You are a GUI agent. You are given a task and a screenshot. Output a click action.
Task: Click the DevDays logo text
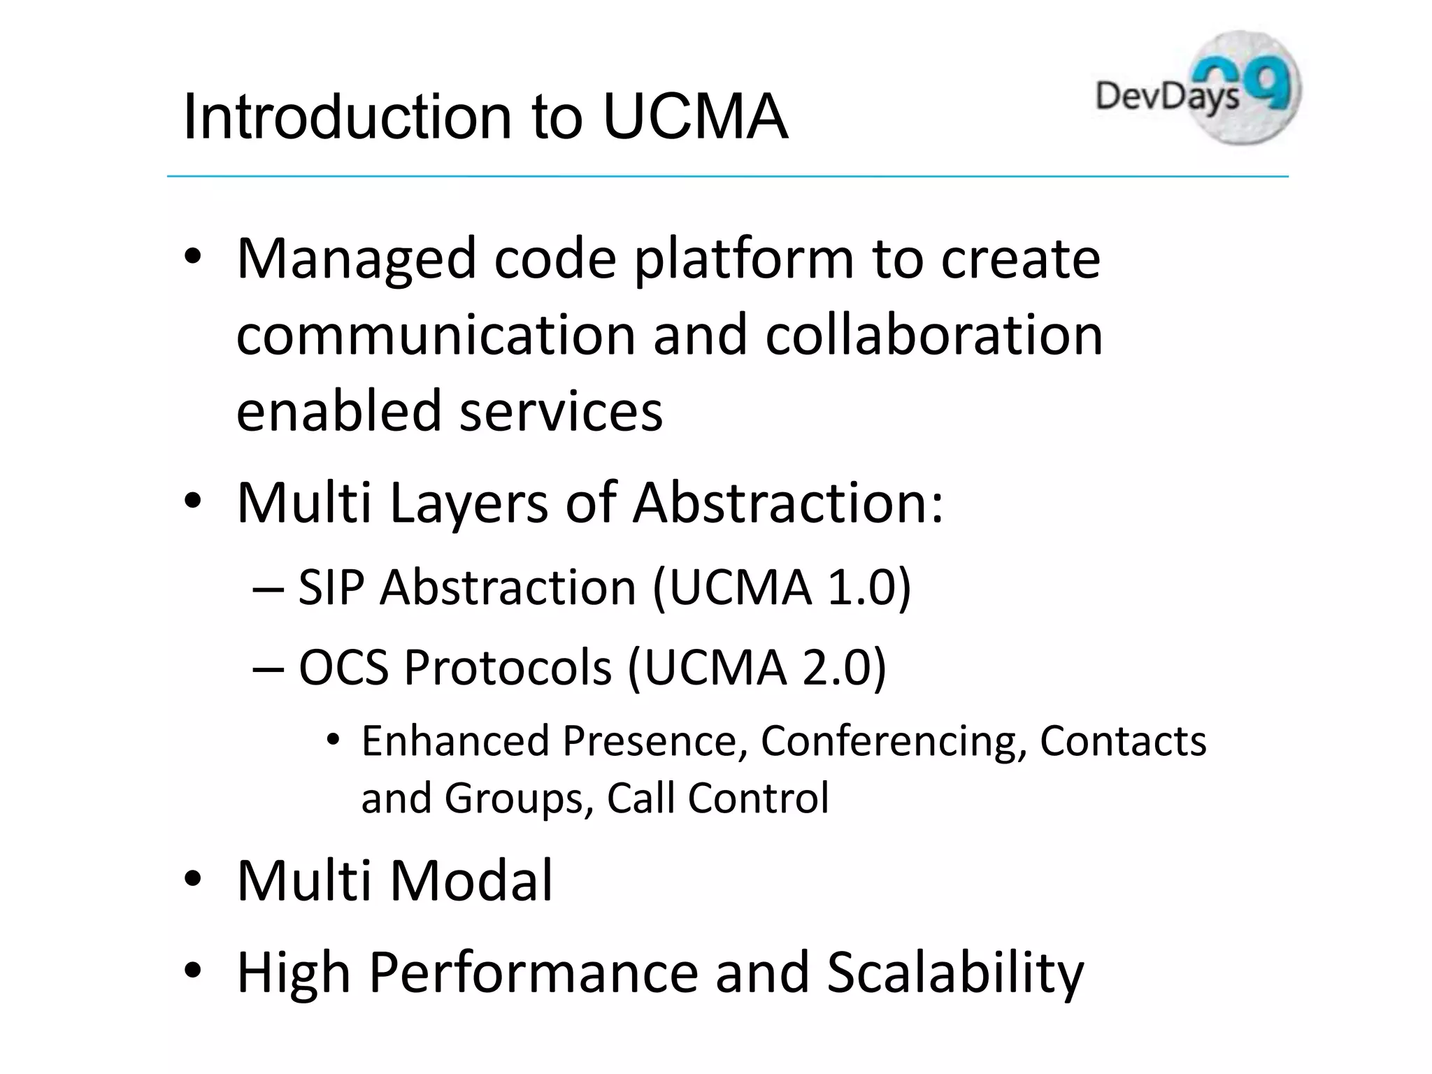pyautogui.click(x=1166, y=97)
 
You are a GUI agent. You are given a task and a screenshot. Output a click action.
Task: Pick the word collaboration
pyautogui.click(x=933, y=334)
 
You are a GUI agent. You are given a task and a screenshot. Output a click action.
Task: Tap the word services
pyautogui.click(x=561, y=410)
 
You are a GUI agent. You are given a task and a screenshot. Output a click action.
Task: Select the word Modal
pyautogui.click(x=471, y=880)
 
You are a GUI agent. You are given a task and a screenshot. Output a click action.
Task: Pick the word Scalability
pyautogui.click(x=954, y=973)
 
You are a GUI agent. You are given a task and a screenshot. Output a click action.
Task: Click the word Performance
pyautogui.click(x=534, y=973)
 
